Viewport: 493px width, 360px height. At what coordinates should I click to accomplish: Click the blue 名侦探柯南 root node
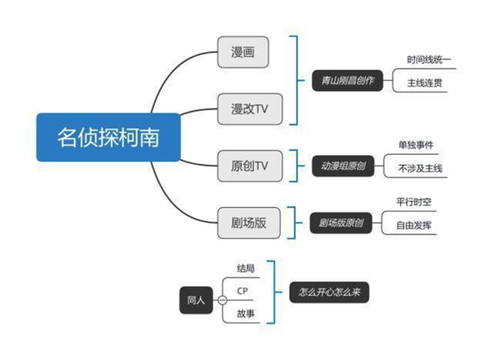pos(109,137)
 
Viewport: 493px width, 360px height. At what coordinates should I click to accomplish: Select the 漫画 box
pos(243,52)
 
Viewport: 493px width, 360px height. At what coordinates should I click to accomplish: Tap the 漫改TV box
pos(250,108)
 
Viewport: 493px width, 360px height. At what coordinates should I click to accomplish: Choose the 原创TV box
pos(250,165)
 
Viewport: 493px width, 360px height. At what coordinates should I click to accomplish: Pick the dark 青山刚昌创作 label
pos(347,80)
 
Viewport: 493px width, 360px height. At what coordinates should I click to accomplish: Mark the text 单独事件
pos(415,145)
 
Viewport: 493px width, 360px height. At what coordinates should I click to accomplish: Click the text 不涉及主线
pos(421,168)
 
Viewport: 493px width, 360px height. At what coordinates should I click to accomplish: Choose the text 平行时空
pos(414,203)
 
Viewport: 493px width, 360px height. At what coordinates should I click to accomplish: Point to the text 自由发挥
pos(414,226)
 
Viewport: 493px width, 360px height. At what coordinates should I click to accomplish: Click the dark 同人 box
pos(196,299)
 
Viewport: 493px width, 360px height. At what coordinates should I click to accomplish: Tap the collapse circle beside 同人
pos(223,300)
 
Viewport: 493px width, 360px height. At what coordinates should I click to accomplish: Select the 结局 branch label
pos(245,268)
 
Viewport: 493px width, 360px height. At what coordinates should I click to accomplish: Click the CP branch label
pos(243,291)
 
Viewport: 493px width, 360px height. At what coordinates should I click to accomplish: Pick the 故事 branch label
pos(246,314)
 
